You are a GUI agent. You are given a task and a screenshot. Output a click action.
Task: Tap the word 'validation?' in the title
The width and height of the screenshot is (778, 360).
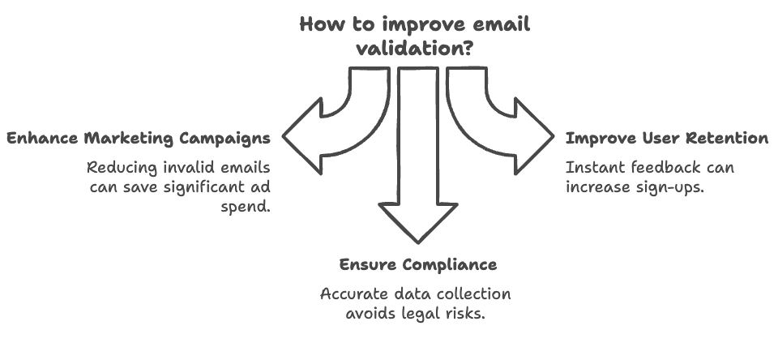414,49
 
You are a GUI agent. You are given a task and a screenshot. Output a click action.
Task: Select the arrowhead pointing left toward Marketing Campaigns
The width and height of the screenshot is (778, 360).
302,135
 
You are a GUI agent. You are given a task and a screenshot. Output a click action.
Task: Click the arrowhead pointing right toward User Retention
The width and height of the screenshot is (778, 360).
534,135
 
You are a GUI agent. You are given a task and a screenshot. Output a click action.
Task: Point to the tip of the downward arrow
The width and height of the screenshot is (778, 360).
418,243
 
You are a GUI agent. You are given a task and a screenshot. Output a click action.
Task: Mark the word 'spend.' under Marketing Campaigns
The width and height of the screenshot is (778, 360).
246,207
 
